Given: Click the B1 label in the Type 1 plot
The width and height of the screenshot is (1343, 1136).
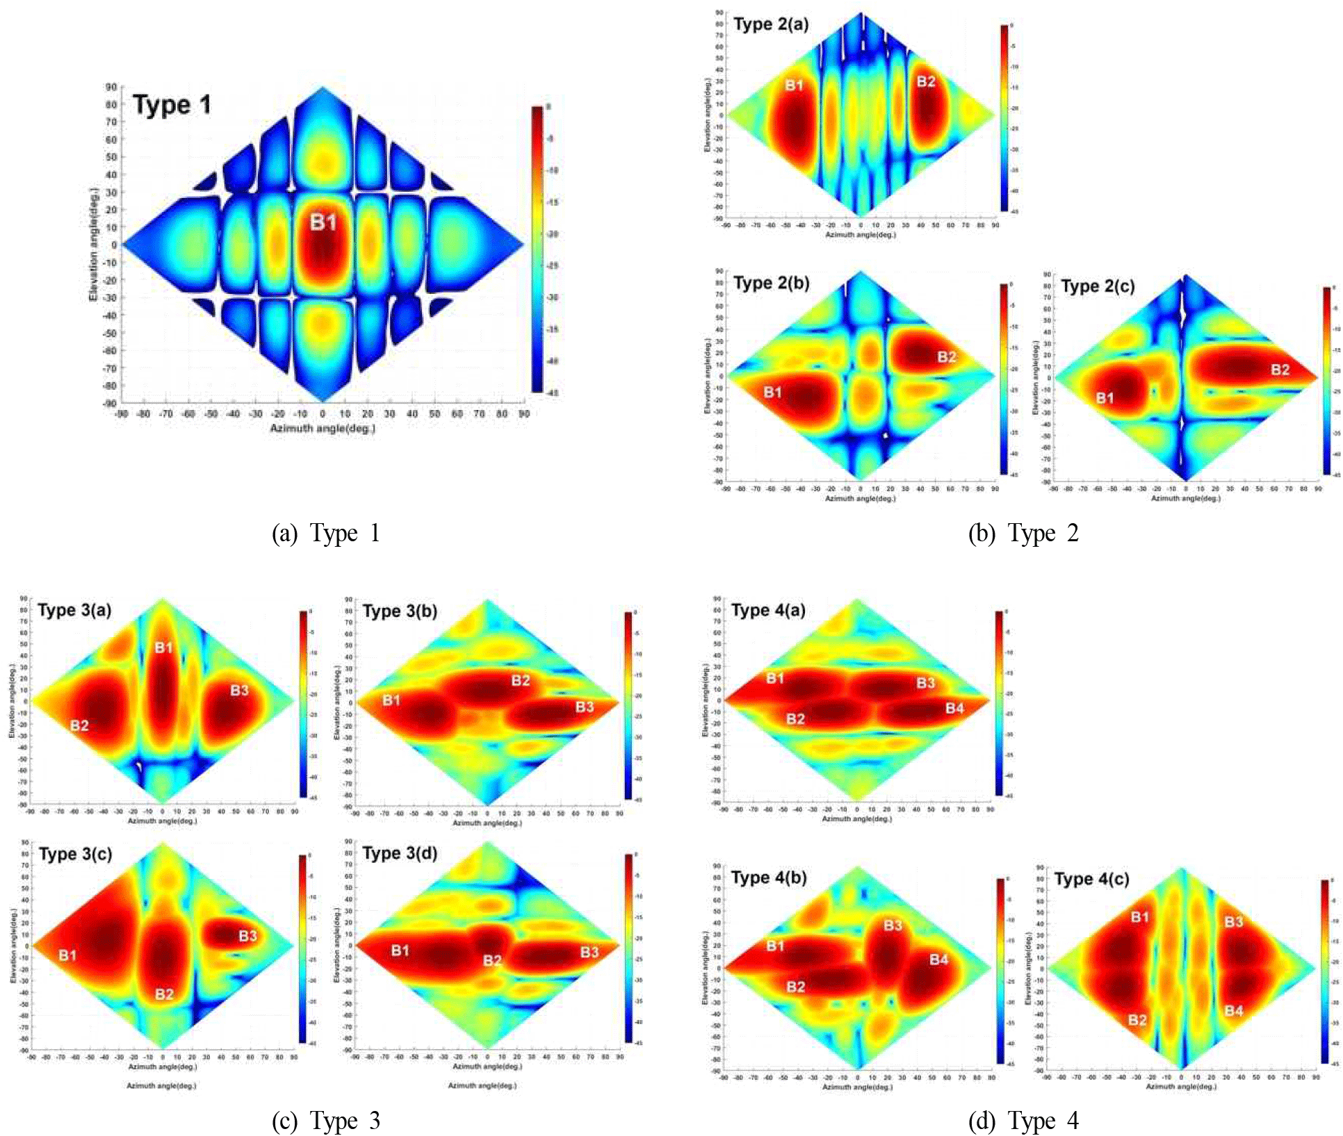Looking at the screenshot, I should click(x=323, y=222).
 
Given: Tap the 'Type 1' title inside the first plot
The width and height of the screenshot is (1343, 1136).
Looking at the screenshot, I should click(x=172, y=105).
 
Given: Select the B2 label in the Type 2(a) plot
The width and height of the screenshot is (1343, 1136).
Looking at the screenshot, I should click(x=926, y=81).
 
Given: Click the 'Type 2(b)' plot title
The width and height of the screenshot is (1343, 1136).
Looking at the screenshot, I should click(x=771, y=283).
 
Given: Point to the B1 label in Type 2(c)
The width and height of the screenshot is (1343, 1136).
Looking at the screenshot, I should click(x=1105, y=398).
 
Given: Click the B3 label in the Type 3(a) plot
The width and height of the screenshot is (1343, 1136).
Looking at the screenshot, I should click(x=239, y=690).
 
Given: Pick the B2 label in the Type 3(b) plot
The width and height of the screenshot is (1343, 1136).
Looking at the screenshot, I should click(x=521, y=680).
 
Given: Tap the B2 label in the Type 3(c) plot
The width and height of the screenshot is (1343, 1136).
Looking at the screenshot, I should click(x=164, y=994).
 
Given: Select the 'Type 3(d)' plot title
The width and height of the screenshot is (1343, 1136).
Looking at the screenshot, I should click(x=400, y=853).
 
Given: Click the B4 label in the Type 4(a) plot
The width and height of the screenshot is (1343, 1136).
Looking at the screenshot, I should click(x=954, y=708).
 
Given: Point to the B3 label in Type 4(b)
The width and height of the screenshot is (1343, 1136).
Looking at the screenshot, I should click(x=893, y=925).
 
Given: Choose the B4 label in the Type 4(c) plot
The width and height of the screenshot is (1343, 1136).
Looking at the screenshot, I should click(x=1233, y=1010).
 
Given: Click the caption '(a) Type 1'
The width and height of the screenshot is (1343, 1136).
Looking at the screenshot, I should click(x=326, y=534).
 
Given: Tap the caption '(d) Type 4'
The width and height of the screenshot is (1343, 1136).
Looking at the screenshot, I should click(x=1023, y=1121).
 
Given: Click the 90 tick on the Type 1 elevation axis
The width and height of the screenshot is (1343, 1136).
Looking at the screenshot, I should click(x=111, y=87).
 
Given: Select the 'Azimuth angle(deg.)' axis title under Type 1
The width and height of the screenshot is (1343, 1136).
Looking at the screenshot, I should click(x=323, y=429).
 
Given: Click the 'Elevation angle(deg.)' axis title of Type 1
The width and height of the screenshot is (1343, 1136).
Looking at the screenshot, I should click(x=93, y=245).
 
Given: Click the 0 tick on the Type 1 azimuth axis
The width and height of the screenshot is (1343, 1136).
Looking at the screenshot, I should click(x=323, y=414).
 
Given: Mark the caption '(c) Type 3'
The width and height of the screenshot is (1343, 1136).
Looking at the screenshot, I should click(x=326, y=1121).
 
